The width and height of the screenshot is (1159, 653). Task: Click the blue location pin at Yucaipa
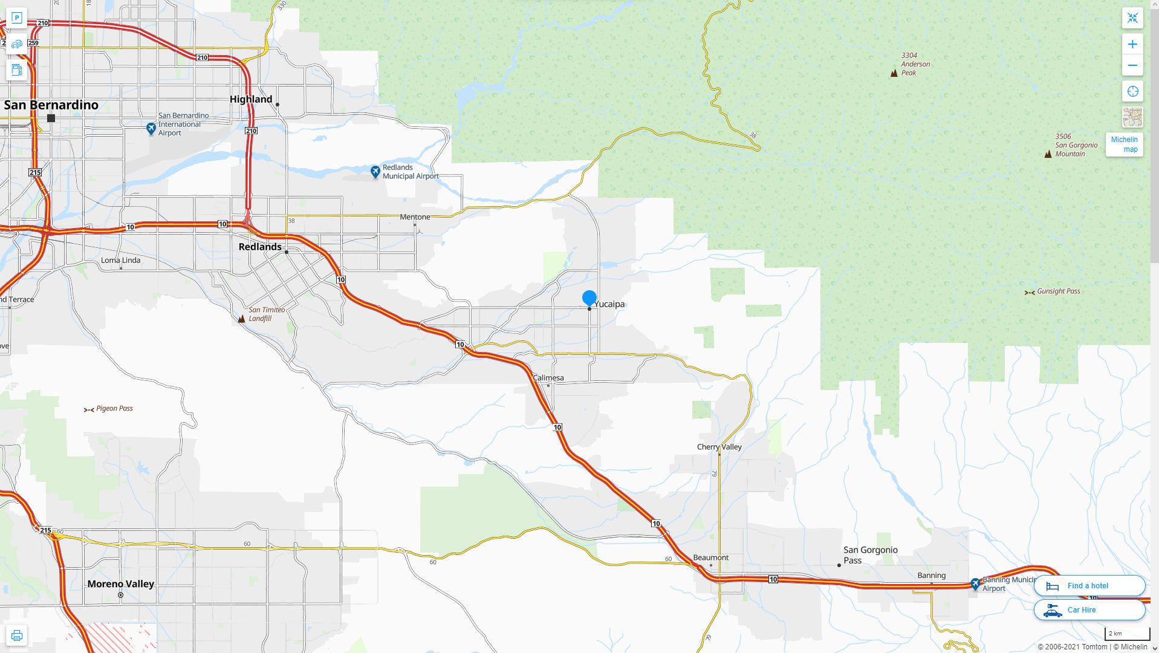click(589, 298)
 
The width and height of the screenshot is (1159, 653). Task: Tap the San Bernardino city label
click(51, 105)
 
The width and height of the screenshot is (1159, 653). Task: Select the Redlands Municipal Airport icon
click(375, 172)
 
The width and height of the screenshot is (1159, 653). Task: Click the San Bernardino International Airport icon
click(151, 128)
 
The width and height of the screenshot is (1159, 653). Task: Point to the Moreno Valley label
click(121, 584)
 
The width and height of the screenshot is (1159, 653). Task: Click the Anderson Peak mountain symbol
click(894, 73)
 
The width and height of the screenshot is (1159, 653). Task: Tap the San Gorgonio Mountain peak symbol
click(1048, 154)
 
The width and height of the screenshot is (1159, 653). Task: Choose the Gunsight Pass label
click(1058, 291)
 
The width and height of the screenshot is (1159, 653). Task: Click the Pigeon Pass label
click(114, 409)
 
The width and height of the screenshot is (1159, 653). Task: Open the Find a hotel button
click(1089, 586)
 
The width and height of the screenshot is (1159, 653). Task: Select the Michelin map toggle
click(1124, 145)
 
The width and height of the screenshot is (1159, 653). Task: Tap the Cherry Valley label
click(719, 447)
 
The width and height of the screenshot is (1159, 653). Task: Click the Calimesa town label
click(548, 378)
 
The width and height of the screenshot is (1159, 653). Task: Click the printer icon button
click(17, 635)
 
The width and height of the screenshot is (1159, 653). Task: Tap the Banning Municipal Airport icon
click(975, 584)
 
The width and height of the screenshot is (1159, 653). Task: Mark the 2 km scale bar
click(1127, 634)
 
